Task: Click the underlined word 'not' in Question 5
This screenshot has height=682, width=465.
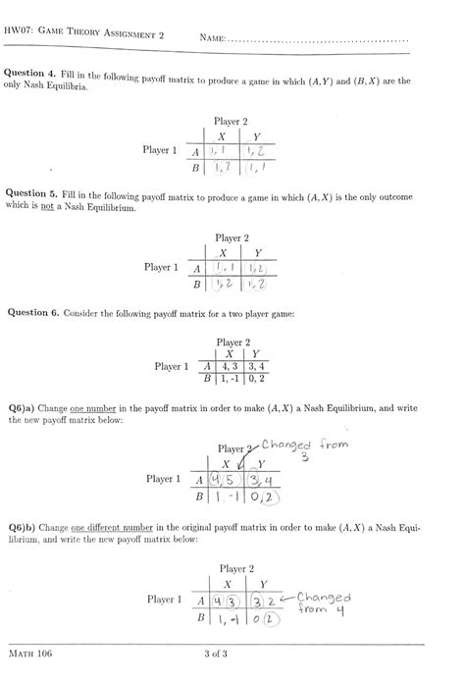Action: (42, 209)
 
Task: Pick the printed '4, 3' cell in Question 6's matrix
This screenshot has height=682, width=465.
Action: (228, 366)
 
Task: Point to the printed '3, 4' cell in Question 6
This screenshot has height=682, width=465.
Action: (255, 366)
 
